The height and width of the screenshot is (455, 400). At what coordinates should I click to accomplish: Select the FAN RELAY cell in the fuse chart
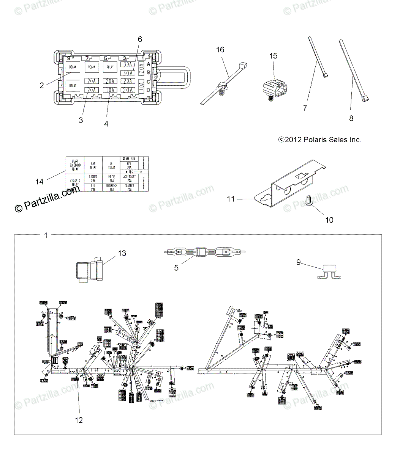click(93, 165)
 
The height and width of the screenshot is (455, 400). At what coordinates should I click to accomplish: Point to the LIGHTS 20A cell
click(93, 178)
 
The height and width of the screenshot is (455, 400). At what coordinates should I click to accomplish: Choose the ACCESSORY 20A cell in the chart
click(129, 178)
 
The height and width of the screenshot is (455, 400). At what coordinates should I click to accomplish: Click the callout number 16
click(220, 50)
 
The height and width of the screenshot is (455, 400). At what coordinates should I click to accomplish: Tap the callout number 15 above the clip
click(274, 56)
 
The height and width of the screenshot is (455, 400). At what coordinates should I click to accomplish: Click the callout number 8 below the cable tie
click(351, 119)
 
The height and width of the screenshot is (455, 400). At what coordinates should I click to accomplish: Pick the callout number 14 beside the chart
click(40, 182)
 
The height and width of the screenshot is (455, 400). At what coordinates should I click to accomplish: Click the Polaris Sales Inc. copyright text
click(320, 140)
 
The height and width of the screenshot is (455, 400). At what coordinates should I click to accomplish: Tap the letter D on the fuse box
click(148, 90)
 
